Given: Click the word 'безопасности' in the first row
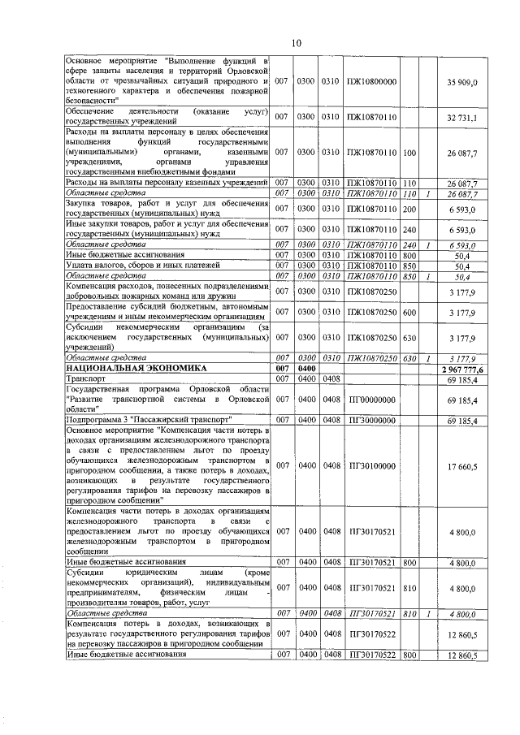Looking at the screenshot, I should (97, 101).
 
